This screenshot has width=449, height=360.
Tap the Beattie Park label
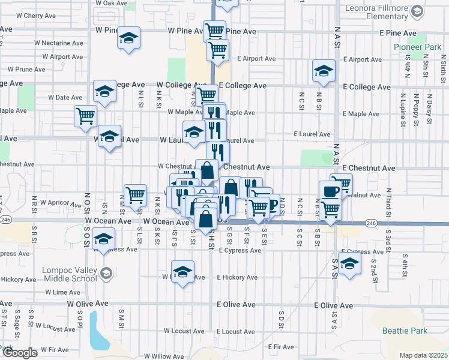click(x=405, y=331)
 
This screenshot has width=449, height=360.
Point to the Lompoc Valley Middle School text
click(x=69, y=274)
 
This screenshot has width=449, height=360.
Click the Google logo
click(x=19, y=353)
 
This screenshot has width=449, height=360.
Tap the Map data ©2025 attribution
click(x=424, y=355)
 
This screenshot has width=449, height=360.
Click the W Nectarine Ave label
click(x=58, y=43)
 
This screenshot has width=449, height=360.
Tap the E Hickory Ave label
click(x=237, y=277)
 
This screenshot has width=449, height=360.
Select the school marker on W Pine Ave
click(x=128, y=38)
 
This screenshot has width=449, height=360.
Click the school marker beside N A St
click(x=324, y=71)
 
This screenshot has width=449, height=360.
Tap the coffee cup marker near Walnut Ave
click(x=330, y=191)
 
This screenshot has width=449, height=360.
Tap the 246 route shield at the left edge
click(x=5, y=220)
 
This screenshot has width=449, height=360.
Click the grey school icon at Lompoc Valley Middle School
click(x=106, y=274)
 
